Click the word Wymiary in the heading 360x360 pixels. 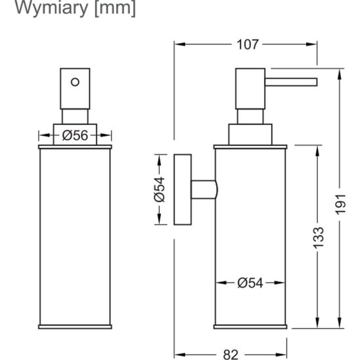51,8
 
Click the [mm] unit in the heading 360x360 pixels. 115,8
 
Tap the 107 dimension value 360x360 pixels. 248,45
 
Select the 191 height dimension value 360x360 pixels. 340,204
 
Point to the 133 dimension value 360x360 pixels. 319,238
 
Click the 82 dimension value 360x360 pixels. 231,355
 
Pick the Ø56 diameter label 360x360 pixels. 75,135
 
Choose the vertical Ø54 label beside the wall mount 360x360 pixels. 160,189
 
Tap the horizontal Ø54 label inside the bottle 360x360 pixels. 250,283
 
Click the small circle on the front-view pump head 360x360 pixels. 75,82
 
